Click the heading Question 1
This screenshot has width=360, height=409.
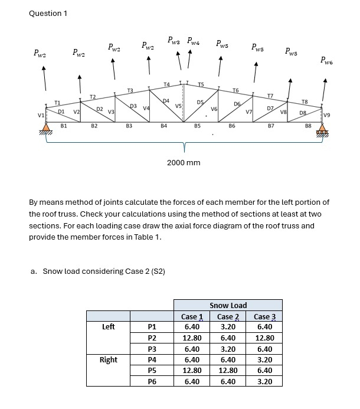pyautogui.click(x=48, y=13)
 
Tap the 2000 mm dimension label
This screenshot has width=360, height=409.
pyautogui.click(x=184, y=162)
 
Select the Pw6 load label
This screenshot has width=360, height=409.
pyautogui.click(x=326, y=60)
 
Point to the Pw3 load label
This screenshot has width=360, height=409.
pyautogui.click(x=175, y=41)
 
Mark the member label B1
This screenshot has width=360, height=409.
pyautogui.click(x=64, y=126)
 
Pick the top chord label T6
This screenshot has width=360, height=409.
pyautogui.click(x=236, y=90)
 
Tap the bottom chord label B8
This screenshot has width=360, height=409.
pyautogui.click(x=308, y=126)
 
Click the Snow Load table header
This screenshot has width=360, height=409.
pyautogui.click(x=228, y=305)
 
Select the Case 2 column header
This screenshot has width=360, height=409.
pyautogui.click(x=228, y=316)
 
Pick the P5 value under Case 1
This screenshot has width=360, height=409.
pyautogui.click(x=192, y=370)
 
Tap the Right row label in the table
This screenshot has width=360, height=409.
pyautogui.click(x=109, y=359)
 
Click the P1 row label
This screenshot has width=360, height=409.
pyautogui.click(x=152, y=327)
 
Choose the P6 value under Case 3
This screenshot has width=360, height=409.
pyautogui.click(x=265, y=381)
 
